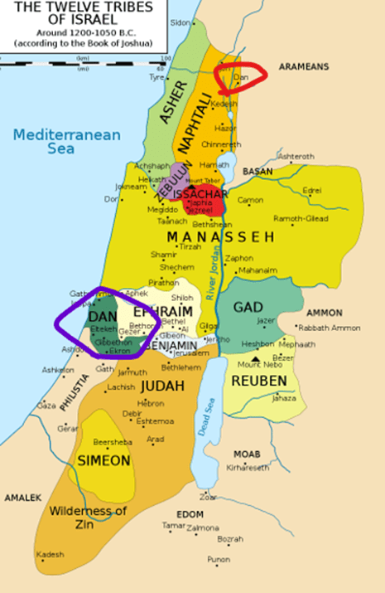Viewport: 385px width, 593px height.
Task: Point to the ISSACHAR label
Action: click(x=196, y=193)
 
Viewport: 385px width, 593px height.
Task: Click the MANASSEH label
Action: click(x=219, y=237)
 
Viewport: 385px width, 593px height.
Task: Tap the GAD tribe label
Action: click(x=248, y=307)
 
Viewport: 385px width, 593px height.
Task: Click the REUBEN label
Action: click(x=258, y=381)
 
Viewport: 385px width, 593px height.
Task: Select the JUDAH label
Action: click(x=163, y=386)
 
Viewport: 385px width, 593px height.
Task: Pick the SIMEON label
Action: click(x=103, y=460)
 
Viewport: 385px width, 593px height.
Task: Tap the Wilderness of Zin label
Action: click(x=86, y=516)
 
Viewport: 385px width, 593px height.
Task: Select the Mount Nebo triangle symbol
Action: click(x=255, y=358)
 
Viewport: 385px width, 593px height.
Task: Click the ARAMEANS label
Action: click(x=304, y=66)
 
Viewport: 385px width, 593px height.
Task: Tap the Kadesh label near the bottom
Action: click(x=49, y=554)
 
